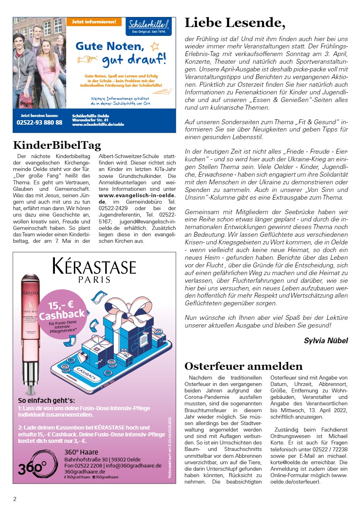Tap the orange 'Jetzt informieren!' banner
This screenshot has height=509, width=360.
[94, 22]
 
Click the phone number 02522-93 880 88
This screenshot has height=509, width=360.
[40, 122]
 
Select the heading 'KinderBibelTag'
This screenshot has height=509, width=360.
[57, 145]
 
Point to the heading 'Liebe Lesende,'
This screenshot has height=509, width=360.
[235, 23]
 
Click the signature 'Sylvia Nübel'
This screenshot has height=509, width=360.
[326, 341]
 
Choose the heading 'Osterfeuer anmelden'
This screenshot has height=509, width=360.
[243, 366]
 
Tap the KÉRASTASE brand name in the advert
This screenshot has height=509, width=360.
[94, 267]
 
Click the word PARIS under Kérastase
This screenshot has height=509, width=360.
[94, 280]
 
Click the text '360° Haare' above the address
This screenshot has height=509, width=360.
[81, 452]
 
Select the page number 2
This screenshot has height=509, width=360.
[15, 499]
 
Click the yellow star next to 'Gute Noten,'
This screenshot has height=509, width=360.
[154, 46]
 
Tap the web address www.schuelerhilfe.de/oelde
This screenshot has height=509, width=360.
[98, 125]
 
